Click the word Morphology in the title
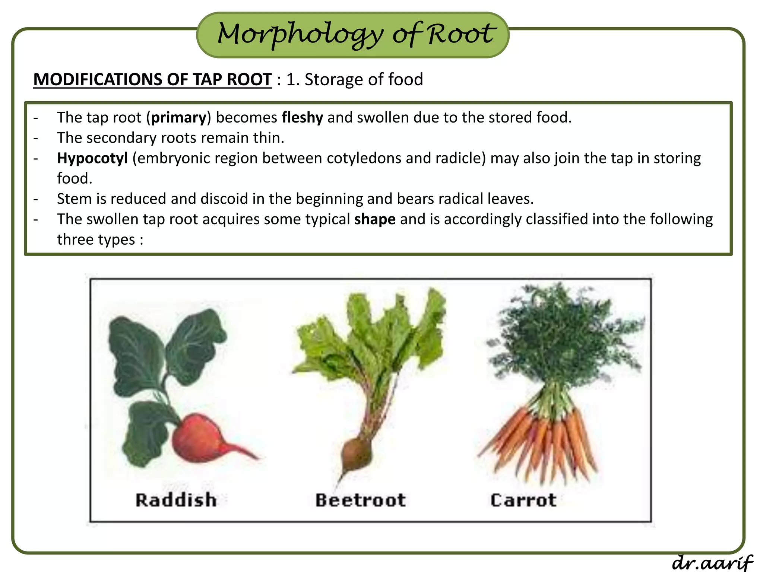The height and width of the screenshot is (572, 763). click(300, 34)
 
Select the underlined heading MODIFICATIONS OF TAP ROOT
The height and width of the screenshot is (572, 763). click(152, 80)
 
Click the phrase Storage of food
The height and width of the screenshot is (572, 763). click(364, 80)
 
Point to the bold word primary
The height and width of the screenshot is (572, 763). click(178, 118)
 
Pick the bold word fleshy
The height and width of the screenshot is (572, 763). click(302, 118)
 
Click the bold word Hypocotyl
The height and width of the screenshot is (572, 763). click(92, 158)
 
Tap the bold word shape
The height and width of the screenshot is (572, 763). click(374, 219)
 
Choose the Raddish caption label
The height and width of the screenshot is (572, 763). click(176, 500)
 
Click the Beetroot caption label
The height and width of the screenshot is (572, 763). click(360, 500)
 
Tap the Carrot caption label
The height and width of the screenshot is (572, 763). click(523, 500)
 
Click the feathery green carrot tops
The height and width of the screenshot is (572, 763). click(563, 335)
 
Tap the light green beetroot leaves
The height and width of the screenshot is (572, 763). click(369, 335)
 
